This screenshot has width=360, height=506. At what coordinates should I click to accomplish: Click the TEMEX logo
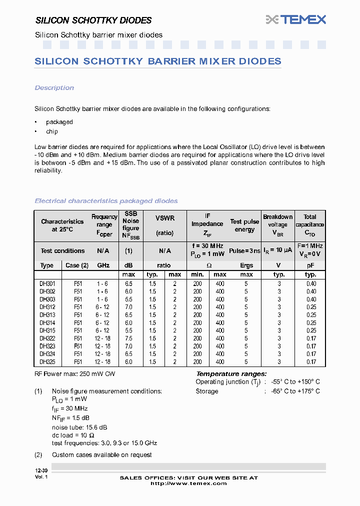pyautogui.click(x=296, y=19)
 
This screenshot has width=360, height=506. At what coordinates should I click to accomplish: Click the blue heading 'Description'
pyautogui.click(x=54, y=88)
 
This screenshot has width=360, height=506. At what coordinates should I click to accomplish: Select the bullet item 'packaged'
pyautogui.click(x=59, y=122)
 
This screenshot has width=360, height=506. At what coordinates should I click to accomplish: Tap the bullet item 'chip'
pyautogui.click(x=51, y=131)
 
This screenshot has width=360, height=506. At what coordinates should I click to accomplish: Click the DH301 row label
pyautogui.click(x=47, y=283)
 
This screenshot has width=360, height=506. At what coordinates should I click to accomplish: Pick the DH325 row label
pyautogui.click(x=47, y=361)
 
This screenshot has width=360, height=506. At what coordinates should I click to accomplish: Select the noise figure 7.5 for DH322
pyautogui.click(x=128, y=338)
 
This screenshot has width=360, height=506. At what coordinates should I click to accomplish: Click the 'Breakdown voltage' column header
pyautogui.click(x=278, y=224)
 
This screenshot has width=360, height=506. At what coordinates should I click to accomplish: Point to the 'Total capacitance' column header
pyautogui.click(x=310, y=224)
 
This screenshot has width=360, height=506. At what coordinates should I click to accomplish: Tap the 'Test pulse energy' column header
pyautogui.click(x=244, y=225)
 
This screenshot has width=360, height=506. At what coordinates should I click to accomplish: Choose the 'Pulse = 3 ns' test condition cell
pyautogui.click(x=244, y=251)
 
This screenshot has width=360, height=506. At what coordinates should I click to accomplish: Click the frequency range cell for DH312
pyautogui.click(x=102, y=307)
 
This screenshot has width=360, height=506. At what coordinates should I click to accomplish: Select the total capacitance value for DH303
pyautogui.click(x=311, y=299)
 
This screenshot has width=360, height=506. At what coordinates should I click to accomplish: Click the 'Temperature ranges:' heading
pyautogui.click(x=231, y=374)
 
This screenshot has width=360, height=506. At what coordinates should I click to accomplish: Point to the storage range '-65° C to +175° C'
pyautogui.click(x=295, y=391)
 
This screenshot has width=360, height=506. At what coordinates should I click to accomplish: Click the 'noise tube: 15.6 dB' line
pyautogui.click(x=79, y=427)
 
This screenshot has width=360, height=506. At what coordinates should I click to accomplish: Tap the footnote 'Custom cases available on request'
pyautogui.click(x=101, y=454)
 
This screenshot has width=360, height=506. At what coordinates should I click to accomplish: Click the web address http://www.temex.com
pyautogui.click(x=188, y=483)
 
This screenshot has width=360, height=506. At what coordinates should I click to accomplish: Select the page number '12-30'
pyautogui.click(x=41, y=471)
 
